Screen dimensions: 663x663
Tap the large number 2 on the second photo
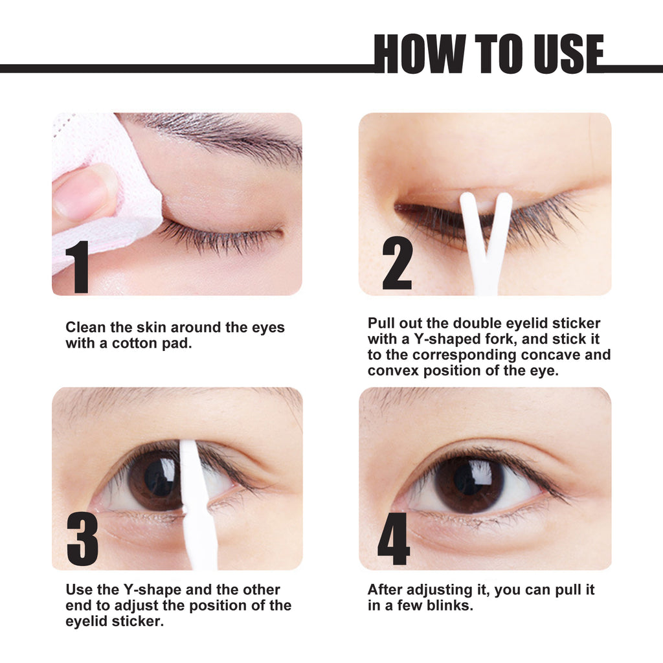tap(396, 264)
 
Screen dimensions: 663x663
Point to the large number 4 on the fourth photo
tap(394, 539)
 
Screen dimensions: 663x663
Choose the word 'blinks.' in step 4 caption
tap(453, 606)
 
